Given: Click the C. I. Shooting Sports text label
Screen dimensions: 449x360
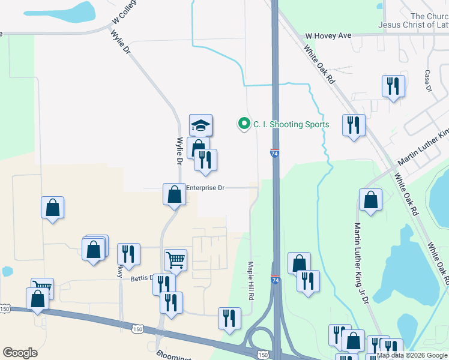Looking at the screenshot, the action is [x=291, y=125].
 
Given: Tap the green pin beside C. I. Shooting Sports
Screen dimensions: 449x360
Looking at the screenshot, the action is [x=244, y=124].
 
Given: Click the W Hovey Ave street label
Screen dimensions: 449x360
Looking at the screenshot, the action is [x=328, y=36].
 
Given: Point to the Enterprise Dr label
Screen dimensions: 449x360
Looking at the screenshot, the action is [x=205, y=188].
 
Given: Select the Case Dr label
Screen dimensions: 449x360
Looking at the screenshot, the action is [x=428, y=81].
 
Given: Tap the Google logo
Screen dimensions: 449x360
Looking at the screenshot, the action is [x=20, y=353].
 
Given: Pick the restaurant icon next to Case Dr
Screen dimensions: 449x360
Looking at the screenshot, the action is [x=393, y=86].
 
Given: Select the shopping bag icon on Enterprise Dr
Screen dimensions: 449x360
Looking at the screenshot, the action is [x=174, y=195].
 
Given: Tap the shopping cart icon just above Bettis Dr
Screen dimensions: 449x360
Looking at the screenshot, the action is [x=175, y=260].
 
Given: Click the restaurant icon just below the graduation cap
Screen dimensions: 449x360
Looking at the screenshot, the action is [x=205, y=160].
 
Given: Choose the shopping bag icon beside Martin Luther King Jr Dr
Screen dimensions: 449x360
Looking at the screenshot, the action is [x=370, y=200].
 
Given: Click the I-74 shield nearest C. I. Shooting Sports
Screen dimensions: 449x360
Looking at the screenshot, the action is [x=274, y=154].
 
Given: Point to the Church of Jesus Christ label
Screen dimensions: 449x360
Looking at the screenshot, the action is [x=414, y=20].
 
